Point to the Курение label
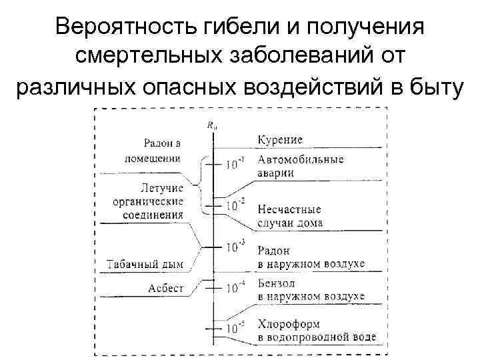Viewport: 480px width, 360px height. [x=280, y=139]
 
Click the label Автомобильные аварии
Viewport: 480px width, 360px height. [x=300, y=166]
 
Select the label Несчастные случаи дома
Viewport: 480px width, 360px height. [x=289, y=216]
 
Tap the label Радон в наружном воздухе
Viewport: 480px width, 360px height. [x=310, y=257]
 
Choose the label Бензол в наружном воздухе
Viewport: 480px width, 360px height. [x=310, y=289]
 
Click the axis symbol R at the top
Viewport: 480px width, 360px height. [x=212, y=124]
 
